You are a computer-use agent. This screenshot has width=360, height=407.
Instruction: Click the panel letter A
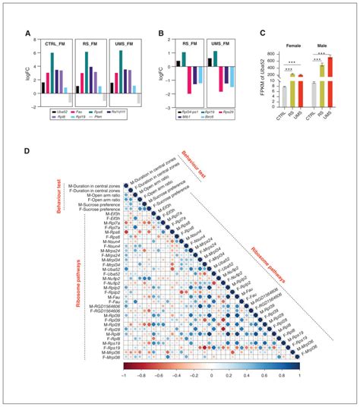pos(27,34)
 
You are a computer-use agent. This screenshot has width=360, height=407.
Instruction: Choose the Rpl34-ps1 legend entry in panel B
pos(191,111)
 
